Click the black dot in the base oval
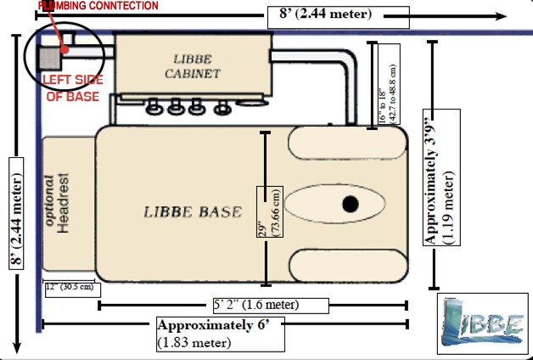point(349,204)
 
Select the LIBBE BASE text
point(193,211)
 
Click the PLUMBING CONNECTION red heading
point(98,6)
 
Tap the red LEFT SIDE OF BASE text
point(71,88)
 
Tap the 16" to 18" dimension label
point(388,85)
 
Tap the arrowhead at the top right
point(502,15)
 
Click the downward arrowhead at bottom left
point(16,346)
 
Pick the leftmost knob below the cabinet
point(155,108)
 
